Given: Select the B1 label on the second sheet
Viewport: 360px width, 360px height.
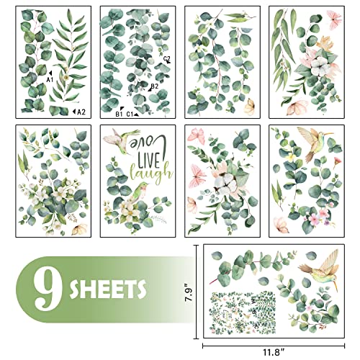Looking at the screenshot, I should click(119, 114).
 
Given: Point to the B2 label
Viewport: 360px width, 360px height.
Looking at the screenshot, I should click(153, 86).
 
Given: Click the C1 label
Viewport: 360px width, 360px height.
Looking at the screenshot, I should click(132, 114).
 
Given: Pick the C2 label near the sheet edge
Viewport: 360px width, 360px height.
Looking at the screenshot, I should click(167, 58).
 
